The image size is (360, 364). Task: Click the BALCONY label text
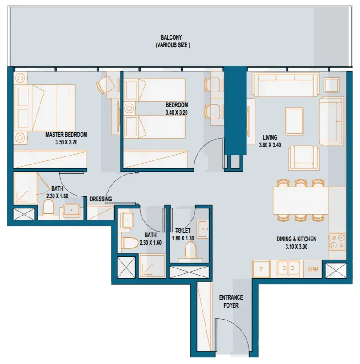pyautogui.click(x=171, y=37)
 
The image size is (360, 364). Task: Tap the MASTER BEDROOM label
pyautogui.click(x=66, y=135)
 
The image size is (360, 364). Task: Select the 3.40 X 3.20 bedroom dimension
pyautogui.click(x=177, y=112)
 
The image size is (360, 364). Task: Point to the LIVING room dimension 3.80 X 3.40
pyautogui.click(x=270, y=145)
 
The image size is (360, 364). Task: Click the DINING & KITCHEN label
pyautogui.click(x=296, y=239)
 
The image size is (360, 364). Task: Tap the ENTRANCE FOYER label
pyautogui.click(x=231, y=301)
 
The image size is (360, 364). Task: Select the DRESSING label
pyautogui.click(x=101, y=199)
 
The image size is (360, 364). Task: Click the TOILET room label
pyautogui.click(x=183, y=231)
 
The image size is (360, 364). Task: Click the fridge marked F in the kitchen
pyautogui.click(x=261, y=269)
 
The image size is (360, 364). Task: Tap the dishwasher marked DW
pyautogui.click(x=313, y=269)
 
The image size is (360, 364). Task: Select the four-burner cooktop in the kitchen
pyautogui.click(x=337, y=242)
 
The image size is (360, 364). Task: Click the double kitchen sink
pyautogui.click(x=288, y=268)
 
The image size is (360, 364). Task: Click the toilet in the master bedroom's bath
pyautogui.click(x=49, y=207)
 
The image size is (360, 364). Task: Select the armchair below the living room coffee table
pyautogui.click(x=304, y=158)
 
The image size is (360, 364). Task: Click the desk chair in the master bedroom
pyautogui.click(x=105, y=84)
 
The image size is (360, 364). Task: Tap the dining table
pyautogui.click(x=300, y=200)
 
